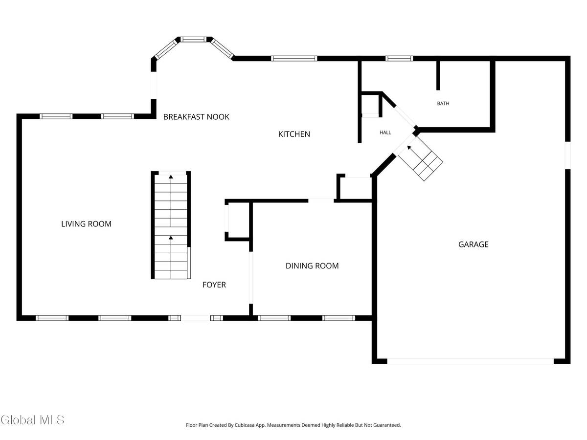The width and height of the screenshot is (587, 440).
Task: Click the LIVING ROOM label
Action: (86, 224)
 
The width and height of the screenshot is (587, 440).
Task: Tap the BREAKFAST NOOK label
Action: (196, 117)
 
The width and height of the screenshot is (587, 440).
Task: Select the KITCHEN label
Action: (294, 134)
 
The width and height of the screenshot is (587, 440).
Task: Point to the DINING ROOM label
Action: (312, 266)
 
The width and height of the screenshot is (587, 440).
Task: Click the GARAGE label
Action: (473, 244)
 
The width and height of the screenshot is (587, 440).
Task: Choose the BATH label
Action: (443, 104)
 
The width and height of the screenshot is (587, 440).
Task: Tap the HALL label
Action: (385, 132)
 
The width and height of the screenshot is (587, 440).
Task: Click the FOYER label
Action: (214, 285)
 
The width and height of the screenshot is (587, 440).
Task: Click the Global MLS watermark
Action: (32, 419)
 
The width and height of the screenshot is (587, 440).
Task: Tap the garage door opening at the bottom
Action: (471, 361)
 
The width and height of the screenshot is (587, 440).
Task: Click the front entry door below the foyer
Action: (196, 318)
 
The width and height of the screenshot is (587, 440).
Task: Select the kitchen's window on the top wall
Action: (294, 59)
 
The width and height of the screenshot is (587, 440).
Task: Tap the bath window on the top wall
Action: (399, 59)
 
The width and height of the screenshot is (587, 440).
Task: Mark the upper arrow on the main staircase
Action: (171, 177)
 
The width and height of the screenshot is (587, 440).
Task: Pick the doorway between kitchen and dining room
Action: (321, 200)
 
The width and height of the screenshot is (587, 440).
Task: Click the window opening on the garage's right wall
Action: (567, 155)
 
